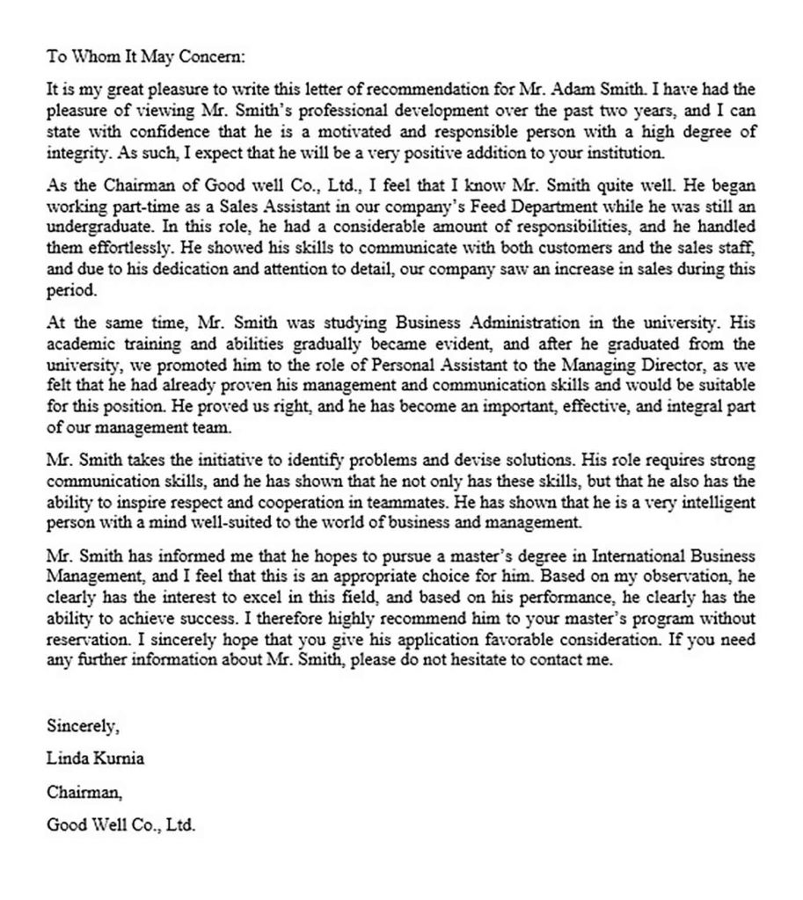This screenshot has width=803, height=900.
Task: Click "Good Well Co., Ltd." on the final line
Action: [120, 825]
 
